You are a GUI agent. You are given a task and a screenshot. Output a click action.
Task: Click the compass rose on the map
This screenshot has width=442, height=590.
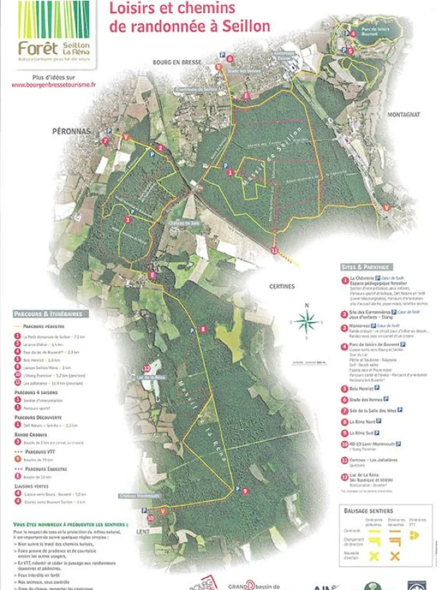tap(308, 320)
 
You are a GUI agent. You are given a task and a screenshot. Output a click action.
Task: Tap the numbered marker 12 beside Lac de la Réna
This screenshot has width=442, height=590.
tap(146, 368)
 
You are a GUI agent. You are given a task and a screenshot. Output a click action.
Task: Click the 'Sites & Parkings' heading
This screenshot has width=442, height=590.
tap(365, 267)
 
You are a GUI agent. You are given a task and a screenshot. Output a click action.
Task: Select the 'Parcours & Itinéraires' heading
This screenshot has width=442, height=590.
tap(47, 314)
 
